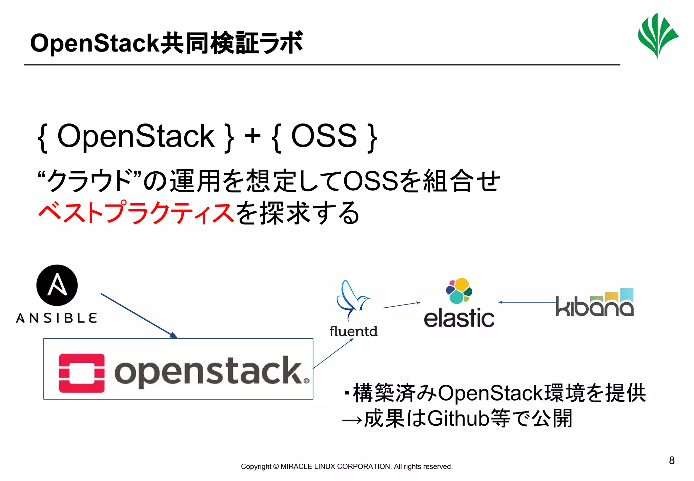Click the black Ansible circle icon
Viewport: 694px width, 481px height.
[x=57, y=285]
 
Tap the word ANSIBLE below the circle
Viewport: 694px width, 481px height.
[x=57, y=318]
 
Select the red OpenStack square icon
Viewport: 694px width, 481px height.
[x=82, y=373]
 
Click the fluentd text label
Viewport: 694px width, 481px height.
[x=353, y=331]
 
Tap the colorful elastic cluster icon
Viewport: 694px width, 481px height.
[x=459, y=291]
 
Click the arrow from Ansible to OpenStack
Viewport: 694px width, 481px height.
[x=139, y=316]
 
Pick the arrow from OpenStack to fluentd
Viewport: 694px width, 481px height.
[x=333, y=353]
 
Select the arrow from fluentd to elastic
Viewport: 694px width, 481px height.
[x=401, y=305]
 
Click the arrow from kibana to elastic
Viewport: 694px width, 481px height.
[x=527, y=302]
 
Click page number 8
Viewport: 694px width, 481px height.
[x=672, y=460]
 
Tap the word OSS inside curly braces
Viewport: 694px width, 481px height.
[x=324, y=136]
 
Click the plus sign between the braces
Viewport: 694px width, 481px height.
[x=252, y=137]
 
